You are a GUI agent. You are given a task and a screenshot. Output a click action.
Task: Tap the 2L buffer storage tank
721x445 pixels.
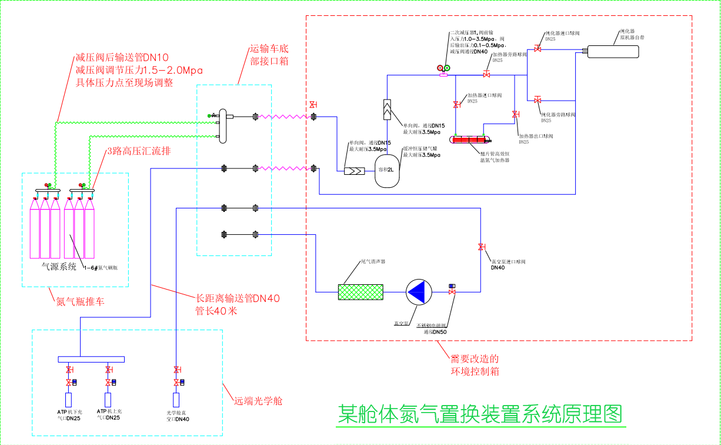[387, 171]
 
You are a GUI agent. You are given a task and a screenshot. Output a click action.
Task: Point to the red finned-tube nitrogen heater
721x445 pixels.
[469, 140]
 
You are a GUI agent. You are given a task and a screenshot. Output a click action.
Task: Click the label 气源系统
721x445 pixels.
[59, 267]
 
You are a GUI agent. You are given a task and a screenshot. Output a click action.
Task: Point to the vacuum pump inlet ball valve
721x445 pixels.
[481, 246]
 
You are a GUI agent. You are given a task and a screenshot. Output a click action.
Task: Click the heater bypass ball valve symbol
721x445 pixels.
[486, 75]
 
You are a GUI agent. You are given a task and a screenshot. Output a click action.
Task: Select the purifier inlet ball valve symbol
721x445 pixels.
[537, 48]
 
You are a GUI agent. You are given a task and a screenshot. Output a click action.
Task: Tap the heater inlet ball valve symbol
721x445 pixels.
[456, 105]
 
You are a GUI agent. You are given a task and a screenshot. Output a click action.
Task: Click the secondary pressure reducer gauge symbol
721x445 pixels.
[443, 69]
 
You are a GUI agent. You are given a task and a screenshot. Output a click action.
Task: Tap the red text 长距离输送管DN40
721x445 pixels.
[238, 298]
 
